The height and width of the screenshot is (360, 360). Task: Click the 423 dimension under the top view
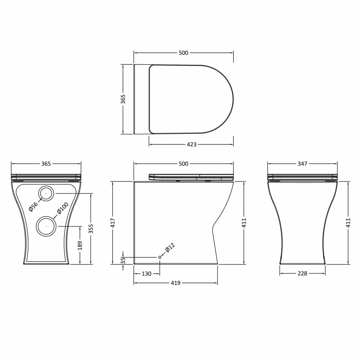192,144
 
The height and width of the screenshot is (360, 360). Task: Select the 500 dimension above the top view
183,53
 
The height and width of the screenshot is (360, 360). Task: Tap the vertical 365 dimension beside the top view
123,99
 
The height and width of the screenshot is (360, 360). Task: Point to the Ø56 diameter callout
33,206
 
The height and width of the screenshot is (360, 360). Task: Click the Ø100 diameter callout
63,208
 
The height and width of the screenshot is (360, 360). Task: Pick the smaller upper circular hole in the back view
46,194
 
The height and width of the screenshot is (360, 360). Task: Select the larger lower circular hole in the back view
46,226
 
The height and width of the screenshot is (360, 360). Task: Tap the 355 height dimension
91,229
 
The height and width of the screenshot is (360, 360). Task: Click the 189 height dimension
80,245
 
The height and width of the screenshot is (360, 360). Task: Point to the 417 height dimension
113,222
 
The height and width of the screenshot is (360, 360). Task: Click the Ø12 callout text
170,248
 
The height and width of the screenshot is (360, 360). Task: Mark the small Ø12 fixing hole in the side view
159,257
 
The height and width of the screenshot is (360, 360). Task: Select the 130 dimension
147,274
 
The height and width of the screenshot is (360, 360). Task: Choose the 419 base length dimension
175,283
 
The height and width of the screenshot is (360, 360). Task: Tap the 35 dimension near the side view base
123,260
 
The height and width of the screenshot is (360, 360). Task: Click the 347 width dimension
302,164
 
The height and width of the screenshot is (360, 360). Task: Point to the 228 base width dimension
302,274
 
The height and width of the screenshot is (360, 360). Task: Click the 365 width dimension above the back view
46,164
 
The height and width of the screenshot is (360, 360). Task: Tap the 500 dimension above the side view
183,164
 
